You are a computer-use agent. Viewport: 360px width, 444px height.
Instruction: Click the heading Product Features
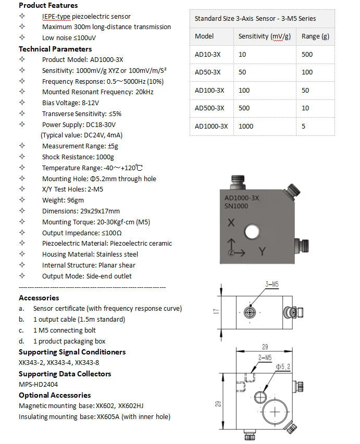pyautogui.click(x=48, y=5)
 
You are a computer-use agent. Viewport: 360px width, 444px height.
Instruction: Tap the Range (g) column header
pyautogui.click(x=311, y=36)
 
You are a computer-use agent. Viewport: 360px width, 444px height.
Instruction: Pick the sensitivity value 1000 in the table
pyautogui.click(x=246, y=126)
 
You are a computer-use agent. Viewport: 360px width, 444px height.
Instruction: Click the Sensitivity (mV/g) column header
pyautogui.click(x=264, y=36)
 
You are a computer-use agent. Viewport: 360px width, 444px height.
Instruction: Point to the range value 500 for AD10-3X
pyautogui.click(x=307, y=55)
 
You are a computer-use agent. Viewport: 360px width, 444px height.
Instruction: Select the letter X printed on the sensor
pyautogui.click(x=231, y=223)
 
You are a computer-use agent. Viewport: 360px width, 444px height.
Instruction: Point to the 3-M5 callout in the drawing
pyautogui.click(x=272, y=284)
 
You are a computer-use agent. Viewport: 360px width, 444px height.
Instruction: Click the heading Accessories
pyautogui.click(x=39, y=298)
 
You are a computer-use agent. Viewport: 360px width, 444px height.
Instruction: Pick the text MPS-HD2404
pyautogui.click(x=38, y=384)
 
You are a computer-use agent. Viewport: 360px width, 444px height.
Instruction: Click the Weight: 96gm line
pyautogui.click(x=63, y=200)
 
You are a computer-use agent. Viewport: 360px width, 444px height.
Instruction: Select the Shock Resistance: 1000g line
pyautogui.click(x=78, y=157)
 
